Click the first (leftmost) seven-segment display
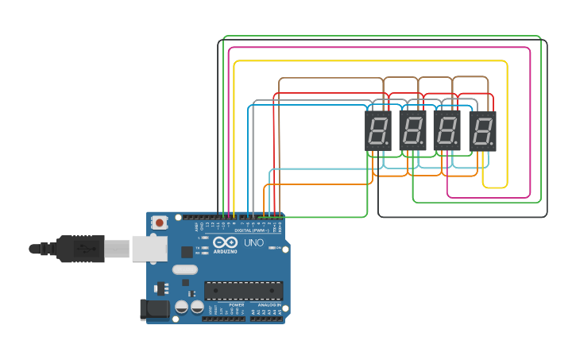[x=378, y=130]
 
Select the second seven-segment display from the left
[x=412, y=130]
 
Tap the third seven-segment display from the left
[x=447, y=130]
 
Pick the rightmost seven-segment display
[x=482, y=130]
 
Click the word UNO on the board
[x=253, y=242]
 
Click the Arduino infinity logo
[x=225, y=242]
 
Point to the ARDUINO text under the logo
[x=225, y=251]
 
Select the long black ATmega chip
[x=243, y=290]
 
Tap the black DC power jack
[x=154, y=308]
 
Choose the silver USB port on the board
[x=149, y=248]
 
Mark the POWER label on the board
[x=236, y=304]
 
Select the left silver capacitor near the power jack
[x=182, y=306]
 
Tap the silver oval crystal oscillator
[x=184, y=269]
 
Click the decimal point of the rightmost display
[x=492, y=144]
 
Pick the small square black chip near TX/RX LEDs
[x=187, y=252]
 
